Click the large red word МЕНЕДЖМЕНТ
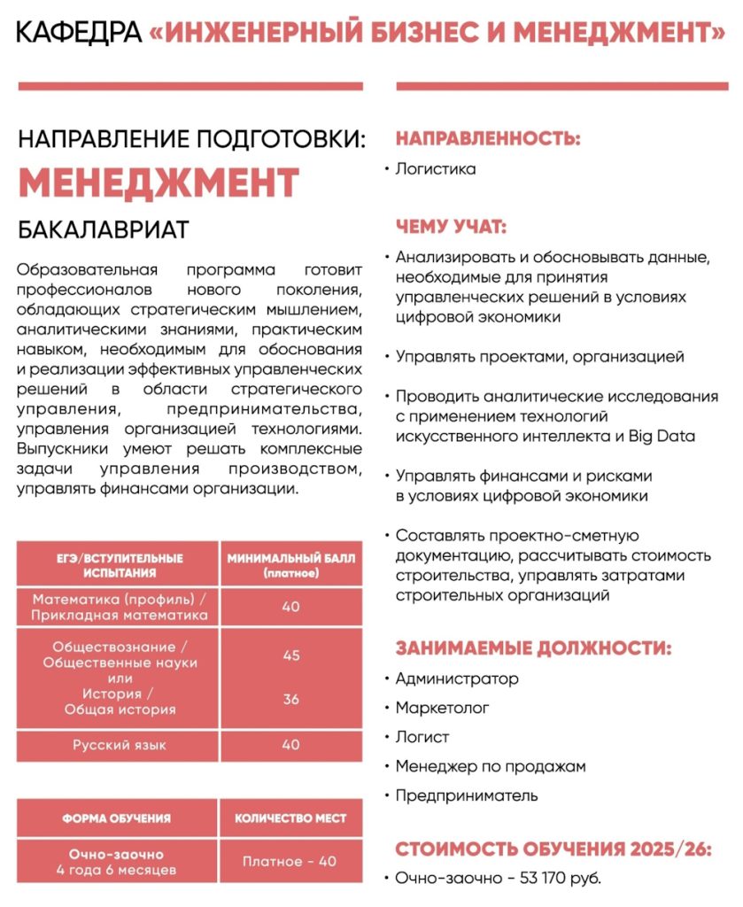pyautogui.click(x=159, y=182)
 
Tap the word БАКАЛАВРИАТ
pyautogui.click(x=103, y=230)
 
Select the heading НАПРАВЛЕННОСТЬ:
pyautogui.click(x=488, y=139)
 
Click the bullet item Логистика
pyautogui.click(x=435, y=168)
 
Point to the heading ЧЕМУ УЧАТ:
pyautogui.click(x=451, y=227)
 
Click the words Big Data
pyautogui.click(x=662, y=436)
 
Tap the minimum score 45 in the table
pyautogui.click(x=290, y=655)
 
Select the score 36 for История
pyautogui.click(x=290, y=700)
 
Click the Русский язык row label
pyautogui.click(x=119, y=745)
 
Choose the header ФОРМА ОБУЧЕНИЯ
pyautogui.click(x=116, y=818)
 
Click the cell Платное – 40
pyautogui.click(x=290, y=861)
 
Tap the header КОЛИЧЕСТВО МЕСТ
pyautogui.click(x=290, y=818)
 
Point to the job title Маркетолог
pyautogui.click(x=442, y=708)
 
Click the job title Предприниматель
pyautogui.click(x=466, y=795)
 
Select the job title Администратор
pyautogui.click(x=457, y=679)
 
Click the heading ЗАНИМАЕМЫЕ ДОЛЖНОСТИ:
pyautogui.click(x=533, y=648)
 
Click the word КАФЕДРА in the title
pyautogui.click(x=79, y=33)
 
